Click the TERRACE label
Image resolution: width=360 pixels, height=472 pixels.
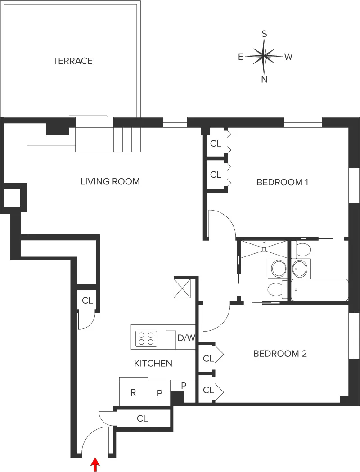tap(72, 61)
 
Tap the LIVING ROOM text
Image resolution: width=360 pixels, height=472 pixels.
tap(110, 182)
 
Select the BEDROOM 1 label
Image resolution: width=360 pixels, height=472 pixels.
tap(282, 182)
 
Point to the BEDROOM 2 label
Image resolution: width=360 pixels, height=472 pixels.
tap(280, 354)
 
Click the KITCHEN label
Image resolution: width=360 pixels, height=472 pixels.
tap(153, 363)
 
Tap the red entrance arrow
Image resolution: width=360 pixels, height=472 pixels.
tap(95, 464)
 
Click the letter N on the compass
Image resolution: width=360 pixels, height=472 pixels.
tap(265, 80)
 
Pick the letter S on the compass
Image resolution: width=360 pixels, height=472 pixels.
tap(265, 34)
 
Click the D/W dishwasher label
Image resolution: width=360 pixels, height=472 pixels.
tap(186, 338)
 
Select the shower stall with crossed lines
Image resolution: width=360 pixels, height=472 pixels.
tap(264, 249)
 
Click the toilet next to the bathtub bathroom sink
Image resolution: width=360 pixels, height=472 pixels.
tap(303, 250)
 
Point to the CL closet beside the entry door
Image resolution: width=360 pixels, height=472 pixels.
tap(142, 418)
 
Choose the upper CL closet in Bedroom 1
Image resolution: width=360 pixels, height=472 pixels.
tap(216, 144)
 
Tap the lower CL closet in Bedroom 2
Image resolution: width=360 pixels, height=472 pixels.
tap(208, 390)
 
